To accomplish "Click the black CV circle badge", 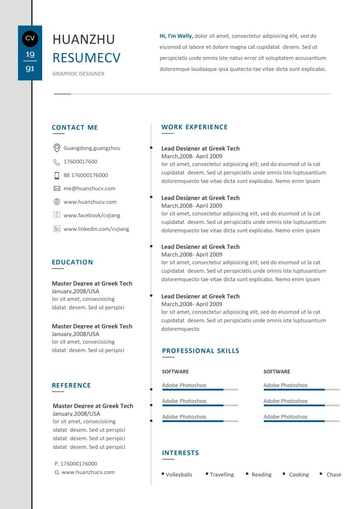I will pyautogui.click(x=30, y=38).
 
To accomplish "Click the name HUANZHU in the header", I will pyautogui.click(x=83, y=39).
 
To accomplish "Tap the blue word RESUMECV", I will pyautogui.click(x=86, y=57).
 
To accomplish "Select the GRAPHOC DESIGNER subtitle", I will pyautogui.click(x=78, y=74).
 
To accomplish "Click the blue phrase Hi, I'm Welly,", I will pyautogui.click(x=176, y=36).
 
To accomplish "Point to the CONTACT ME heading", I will pyautogui.click(x=75, y=128).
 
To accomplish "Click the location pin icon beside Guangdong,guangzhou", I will pyautogui.click(x=57, y=148).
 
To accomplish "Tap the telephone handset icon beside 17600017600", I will pyautogui.click(x=57, y=162).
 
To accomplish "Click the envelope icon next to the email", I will pyautogui.click(x=57, y=189).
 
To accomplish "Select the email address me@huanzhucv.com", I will pyautogui.click(x=90, y=189).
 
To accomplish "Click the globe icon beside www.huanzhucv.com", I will pyautogui.click(x=57, y=202).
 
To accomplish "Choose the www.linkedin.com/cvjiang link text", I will pyautogui.click(x=96, y=229).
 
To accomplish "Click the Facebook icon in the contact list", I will pyautogui.click(x=57, y=215).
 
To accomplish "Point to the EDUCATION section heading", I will pyautogui.click(x=72, y=262).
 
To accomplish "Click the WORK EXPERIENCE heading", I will pyautogui.click(x=194, y=127).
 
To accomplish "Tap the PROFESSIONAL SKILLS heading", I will pyautogui.click(x=201, y=351).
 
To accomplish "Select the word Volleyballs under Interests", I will pyautogui.click(x=179, y=475).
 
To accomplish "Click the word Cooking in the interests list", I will pyautogui.click(x=299, y=475).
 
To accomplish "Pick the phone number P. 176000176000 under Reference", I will pyautogui.click(x=76, y=464).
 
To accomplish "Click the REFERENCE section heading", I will pyautogui.click(x=71, y=386).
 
